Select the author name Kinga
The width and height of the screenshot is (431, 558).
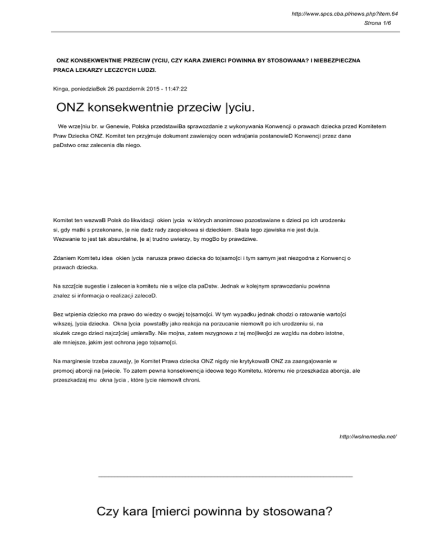54,89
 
